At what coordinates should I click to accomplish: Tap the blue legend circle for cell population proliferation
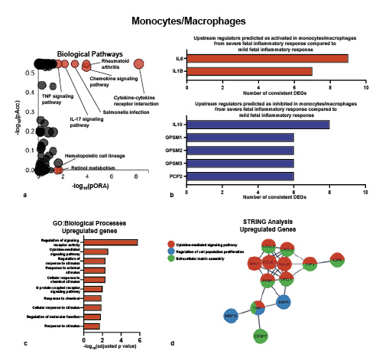173,251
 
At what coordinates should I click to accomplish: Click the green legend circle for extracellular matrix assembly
173,259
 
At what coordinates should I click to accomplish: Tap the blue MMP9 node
283,301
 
